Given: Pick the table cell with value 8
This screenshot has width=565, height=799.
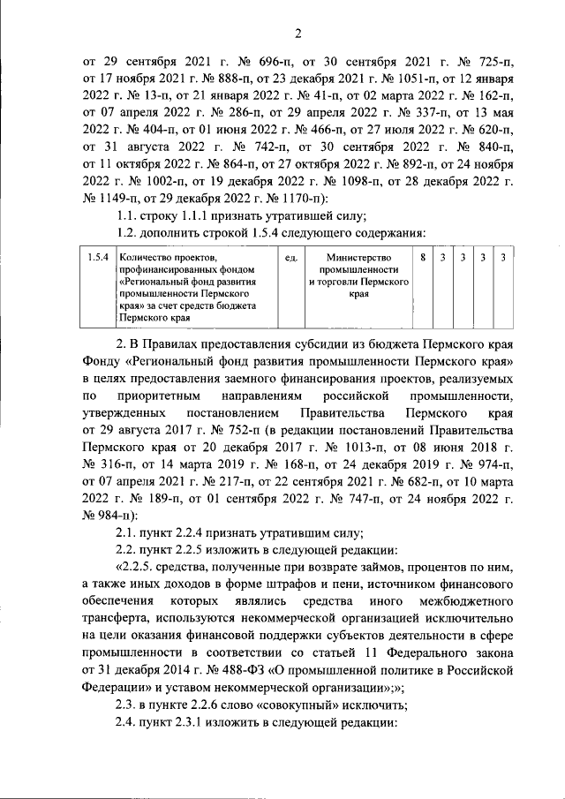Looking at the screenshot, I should [x=424, y=257].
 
